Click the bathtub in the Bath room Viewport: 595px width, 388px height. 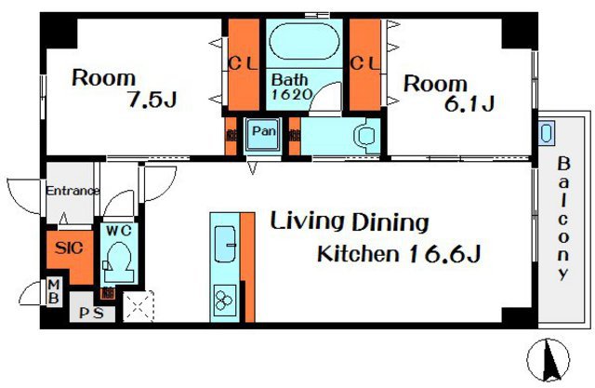pyautogui.click(x=304, y=42)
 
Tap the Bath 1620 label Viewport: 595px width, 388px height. pyautogui.click(x=291, y=87)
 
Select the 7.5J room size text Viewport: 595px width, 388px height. pyautogui.click(x=152, y=100)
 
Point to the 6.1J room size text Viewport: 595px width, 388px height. pyautogui.click(x=469, y=103)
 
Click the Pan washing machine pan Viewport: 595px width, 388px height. pyautogui.click(x=262, y=133)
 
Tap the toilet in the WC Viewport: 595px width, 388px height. pyautogui.click(x=119, y=258)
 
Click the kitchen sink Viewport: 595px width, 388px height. pyautogui.click(x=225, y=244)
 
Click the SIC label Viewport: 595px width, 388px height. pyautogui.click(x=69, y=248)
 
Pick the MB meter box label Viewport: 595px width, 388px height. pyautogui.click(x=54, y=291)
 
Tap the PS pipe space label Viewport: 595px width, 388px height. pyautogui.click(x=91, y=314)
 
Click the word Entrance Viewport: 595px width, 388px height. pyautogui.click(x=73, y=191)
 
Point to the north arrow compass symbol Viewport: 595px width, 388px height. pyautogui.click(x=549, y=359)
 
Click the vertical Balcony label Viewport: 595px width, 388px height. pyautogui.click(x=563, y=219)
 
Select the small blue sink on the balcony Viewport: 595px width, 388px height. pyautogui.click(x=546, y=133)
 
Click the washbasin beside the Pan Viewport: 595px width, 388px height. pyautogui.click(x=365, y=136)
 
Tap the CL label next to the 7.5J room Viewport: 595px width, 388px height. pyautogui.click(x=244, y=63)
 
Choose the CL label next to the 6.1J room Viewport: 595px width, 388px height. pyautogui.click(x=364, y=63)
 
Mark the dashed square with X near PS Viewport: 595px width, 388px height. pyautogui.click(x=139, y=306)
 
